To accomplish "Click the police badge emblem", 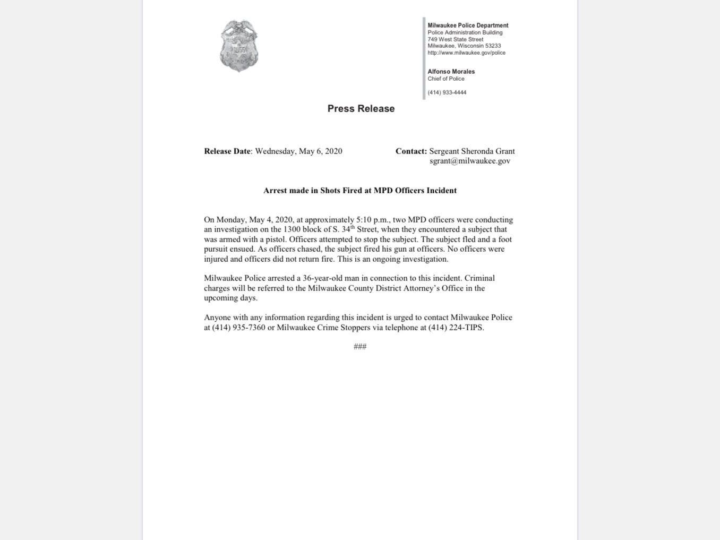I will click(x=239, y=46).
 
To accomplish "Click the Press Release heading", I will click(x=361, y=108).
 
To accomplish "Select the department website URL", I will click(x=466, y=53).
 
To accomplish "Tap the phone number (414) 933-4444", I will click(x=447, y=92).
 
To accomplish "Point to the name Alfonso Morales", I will click(x=451, y=72).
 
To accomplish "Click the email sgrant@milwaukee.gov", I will click(x=470, y=161).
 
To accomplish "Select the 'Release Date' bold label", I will click(x=227, y=151).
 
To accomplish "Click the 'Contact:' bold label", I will click(x=411, y=151).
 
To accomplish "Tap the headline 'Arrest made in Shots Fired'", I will click(x=360, y=191).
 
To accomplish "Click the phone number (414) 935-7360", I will click(x=238, y=328).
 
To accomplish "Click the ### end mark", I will click(x=360, y=347).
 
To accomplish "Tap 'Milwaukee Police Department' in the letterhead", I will click(x=468, y=25).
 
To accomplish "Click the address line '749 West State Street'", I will click(x=456, y=39).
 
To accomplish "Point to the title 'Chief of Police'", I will click(x=446, y=79).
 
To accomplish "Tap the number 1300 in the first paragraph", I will click(x=292, y=229).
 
